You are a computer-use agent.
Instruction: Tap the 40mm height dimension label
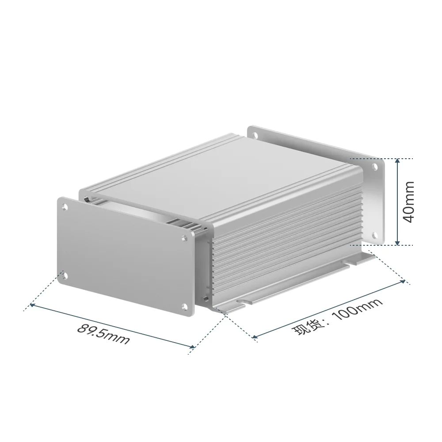click(x=408, y=202)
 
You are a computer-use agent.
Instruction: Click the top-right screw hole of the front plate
click(x=184, y=238)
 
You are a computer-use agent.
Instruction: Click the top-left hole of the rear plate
click(x=256, y=136)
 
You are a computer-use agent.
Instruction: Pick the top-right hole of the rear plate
click(x=375, y=167)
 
